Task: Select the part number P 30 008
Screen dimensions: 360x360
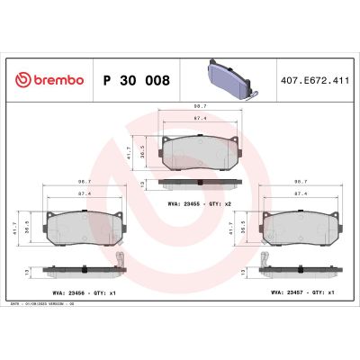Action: click(137, 80)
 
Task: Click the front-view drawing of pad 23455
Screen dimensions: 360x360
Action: click(199, 151)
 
